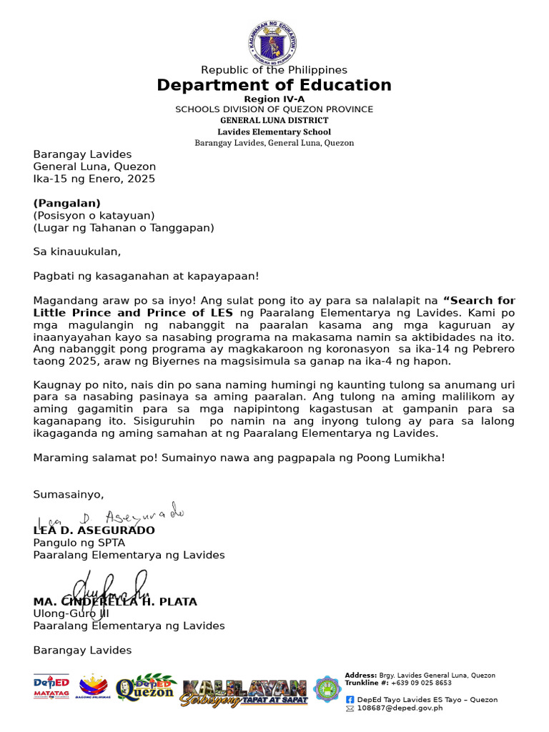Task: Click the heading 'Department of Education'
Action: click(274, 86)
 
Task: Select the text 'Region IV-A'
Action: click(274, 99)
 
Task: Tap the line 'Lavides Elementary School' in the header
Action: click(274, 132)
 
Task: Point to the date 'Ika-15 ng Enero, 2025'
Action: click(94, 179)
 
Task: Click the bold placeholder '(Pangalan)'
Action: click(66, 203)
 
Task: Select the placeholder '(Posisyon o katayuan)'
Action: click(94, 215)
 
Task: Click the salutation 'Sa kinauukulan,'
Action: click(77, 252)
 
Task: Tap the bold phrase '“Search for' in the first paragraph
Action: click(479, 300)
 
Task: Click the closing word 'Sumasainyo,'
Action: click(69, 495)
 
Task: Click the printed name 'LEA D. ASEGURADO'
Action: click(94, 530)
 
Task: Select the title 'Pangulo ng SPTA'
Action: click(79, 543)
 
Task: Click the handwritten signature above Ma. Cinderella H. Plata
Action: click(107, 588)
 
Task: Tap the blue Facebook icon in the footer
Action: click(350, 700)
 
